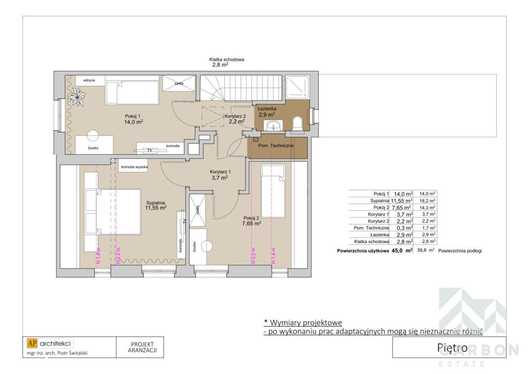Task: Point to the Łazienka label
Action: coord(267,108)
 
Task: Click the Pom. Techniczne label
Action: coord(276,145)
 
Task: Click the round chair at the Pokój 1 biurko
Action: coord(93,135)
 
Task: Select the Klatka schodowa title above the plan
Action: coord(227,59)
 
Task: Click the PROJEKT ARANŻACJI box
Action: coord(142,347)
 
